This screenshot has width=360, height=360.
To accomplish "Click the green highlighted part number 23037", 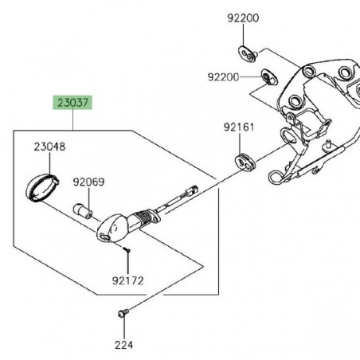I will [x=72, y=102].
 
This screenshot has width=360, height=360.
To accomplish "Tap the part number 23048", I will [x=49, y=147].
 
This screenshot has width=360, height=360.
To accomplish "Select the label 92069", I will [x=88, y=182].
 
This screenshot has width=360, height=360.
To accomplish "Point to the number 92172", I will [x=128, y=281].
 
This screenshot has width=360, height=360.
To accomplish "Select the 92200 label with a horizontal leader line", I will [x=224, y=77].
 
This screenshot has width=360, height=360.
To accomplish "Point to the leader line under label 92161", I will [x=239, y=141].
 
